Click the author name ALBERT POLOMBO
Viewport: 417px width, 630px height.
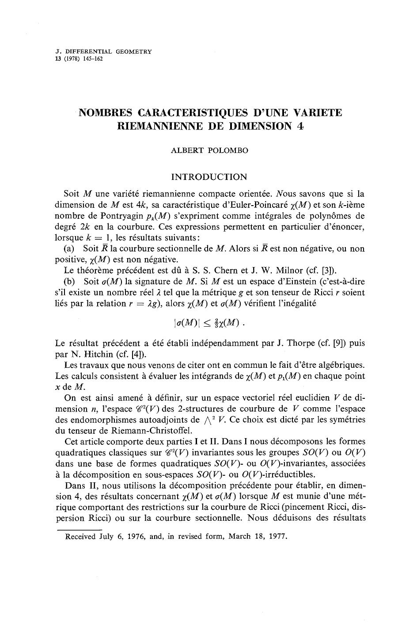tap(209, 150)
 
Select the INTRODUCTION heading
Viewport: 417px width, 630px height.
tap(209, 177)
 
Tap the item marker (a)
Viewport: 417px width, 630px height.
tap(71, 249)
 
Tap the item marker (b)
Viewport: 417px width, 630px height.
tap(71, 282)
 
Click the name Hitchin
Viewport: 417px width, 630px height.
tap(95, 354)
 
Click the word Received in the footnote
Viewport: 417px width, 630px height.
tap(80, 537)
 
